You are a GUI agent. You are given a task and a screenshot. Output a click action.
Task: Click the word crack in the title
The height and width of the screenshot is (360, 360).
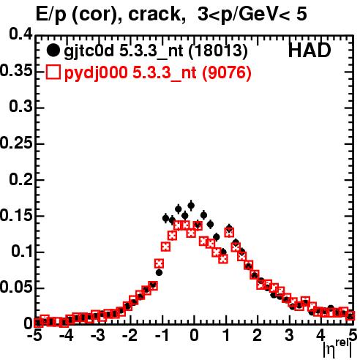tap(154, 15)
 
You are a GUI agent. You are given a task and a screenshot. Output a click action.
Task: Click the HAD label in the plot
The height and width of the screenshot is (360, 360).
tap(310, 50)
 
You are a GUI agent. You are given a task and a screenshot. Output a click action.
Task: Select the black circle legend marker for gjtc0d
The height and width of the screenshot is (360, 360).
tap(53, 50)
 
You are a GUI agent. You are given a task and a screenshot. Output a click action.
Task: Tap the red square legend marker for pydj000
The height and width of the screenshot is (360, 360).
tap(53, 72)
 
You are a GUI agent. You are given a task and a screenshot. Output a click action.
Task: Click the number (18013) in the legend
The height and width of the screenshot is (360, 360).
tap(218, 51)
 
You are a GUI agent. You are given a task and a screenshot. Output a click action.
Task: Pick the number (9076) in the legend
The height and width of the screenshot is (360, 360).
tap(227, 73)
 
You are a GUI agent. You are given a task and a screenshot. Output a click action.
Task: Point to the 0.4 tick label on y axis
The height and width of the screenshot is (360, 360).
tap(21, 34)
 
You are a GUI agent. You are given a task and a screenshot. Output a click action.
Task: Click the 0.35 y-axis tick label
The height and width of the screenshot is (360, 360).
tap(16, 70)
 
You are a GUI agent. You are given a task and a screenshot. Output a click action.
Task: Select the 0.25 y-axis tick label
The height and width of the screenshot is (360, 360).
tap(16, 143)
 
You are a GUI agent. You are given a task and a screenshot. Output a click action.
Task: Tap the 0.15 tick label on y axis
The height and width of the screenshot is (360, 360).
tap(16, 215)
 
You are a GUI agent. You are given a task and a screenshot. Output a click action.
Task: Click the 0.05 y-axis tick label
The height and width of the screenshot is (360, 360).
tap(16, 288)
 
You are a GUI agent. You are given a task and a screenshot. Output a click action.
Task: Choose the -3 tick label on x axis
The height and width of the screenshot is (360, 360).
tap(97, 336)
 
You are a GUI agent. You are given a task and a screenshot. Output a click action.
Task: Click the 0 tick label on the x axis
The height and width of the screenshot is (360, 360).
tap(194, 336)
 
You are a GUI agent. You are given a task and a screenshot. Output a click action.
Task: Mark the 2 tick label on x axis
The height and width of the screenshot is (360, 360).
tap(258, 336)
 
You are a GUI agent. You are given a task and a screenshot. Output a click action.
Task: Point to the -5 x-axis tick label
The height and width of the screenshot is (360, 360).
tap(34, 336)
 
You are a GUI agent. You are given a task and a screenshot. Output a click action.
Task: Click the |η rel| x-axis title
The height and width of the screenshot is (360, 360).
tap(338, 349)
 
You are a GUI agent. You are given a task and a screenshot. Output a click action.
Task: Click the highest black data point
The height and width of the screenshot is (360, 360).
tap(191, 206)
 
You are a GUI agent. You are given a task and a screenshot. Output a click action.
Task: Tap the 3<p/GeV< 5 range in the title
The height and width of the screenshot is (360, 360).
tap(252, 15)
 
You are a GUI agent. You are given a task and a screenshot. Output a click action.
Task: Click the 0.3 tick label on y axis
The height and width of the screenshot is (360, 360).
tap(21, 107)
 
